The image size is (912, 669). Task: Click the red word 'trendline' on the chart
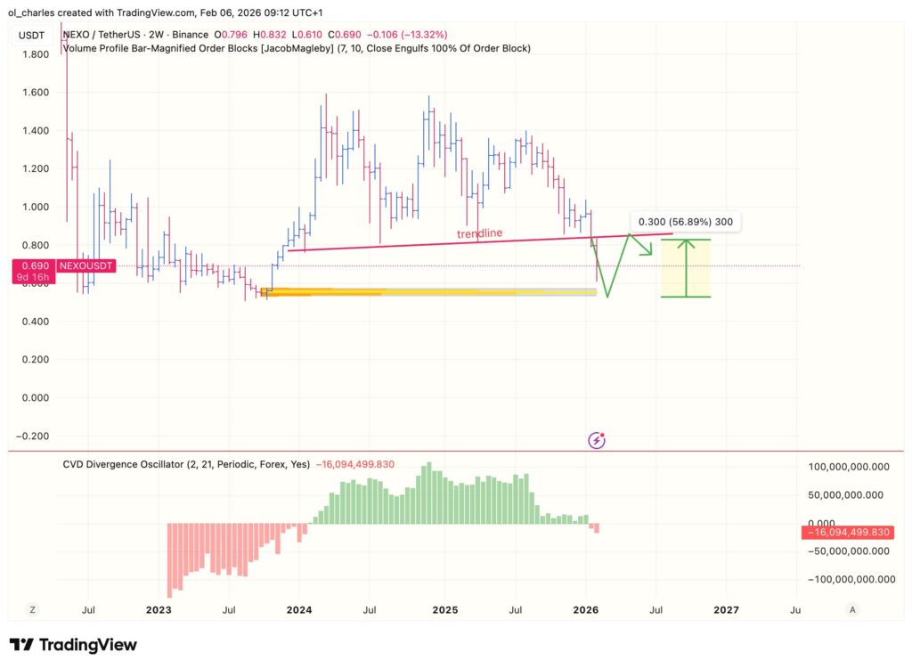click(x=480, y=233)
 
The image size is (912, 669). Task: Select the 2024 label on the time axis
click(x=298, y=610)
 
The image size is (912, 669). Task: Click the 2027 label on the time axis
click(x=727, y=610)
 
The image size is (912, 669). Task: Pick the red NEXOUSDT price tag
click(x=86, y=265)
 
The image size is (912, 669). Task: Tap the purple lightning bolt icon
click(x=597, y=439)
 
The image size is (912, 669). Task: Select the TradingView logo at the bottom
click(x=73, y=645)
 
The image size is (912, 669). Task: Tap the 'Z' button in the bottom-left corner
click(x=33, y=610)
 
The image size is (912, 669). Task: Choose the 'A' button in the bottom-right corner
click(x=852, y=610)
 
